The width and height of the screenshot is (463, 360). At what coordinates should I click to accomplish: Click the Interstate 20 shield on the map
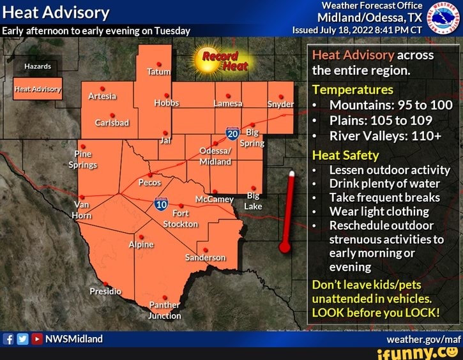232,134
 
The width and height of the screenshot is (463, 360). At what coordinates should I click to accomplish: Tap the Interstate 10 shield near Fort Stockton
161,204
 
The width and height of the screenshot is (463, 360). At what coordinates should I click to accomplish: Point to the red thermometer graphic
287,214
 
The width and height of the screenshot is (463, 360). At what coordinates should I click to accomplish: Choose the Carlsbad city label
112,123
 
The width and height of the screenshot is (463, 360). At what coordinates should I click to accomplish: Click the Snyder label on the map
280,104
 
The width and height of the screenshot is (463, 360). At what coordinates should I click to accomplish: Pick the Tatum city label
158,72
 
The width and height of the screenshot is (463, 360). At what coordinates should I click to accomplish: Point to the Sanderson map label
205,258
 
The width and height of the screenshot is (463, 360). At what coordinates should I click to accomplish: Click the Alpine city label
140,244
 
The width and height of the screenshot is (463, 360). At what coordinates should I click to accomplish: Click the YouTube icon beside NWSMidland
37,339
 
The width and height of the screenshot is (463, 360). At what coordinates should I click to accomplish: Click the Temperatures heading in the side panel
352,89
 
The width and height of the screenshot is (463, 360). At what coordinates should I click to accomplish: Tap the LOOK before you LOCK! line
376,312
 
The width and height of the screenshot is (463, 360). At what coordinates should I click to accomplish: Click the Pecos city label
149,182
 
